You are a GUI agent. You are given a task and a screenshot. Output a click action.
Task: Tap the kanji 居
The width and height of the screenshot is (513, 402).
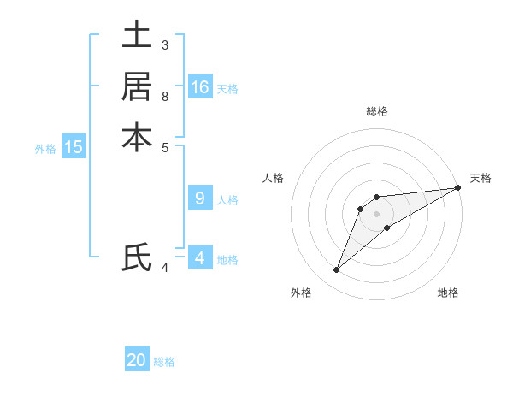point(137,86)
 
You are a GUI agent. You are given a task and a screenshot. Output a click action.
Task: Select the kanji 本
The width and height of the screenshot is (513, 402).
point(137,138)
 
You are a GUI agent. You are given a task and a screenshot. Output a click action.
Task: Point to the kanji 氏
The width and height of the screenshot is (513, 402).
point(137,257)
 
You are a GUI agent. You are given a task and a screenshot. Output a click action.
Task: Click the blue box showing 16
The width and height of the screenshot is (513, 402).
point(200,87)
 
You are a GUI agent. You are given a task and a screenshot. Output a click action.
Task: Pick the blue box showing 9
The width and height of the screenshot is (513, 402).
point(200,198)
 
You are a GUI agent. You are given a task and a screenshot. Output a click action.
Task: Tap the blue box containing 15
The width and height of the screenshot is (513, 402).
point(74,147)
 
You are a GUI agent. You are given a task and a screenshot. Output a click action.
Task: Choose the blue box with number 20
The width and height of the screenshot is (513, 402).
point(137,360)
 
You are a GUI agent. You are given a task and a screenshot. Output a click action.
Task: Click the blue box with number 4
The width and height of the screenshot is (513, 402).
point(200,257)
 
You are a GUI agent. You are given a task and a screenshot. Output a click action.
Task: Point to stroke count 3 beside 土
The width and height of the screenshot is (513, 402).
point(165,44)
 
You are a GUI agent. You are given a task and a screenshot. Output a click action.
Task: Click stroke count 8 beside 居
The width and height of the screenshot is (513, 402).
point(165,96)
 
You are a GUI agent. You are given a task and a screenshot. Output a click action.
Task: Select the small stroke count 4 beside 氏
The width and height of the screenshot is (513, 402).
point(165,268)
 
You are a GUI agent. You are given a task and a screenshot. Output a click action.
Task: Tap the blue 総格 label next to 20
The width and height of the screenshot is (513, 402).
point(164,362)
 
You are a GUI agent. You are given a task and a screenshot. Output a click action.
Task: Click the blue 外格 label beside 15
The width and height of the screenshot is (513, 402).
point(45,149)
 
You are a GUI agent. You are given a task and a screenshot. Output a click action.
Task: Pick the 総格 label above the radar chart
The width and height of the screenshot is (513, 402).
point(377,111)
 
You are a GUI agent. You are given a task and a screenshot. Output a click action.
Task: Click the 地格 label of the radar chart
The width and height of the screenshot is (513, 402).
point(448,293)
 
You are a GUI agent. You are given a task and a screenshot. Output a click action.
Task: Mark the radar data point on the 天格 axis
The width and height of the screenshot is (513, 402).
point(457,187)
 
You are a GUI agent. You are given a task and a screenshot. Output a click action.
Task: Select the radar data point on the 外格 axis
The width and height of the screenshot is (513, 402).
point(336,270)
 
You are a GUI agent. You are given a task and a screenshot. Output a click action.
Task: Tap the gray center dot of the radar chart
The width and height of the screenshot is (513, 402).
point(376,214)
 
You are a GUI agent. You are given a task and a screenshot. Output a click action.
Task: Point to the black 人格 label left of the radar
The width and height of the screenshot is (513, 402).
point(274,178)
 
